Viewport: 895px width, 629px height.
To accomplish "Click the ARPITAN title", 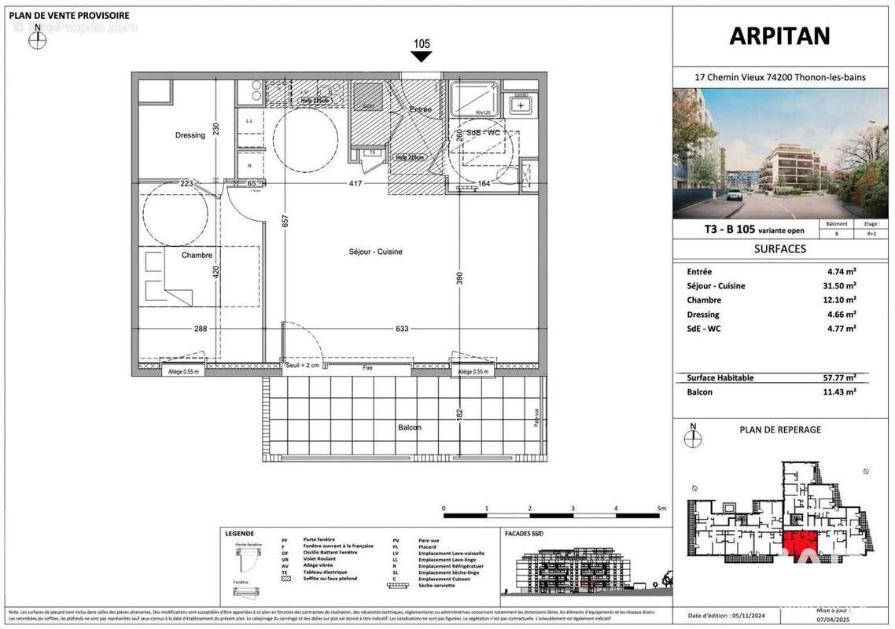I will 779,36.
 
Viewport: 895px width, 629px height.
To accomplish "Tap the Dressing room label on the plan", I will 190,135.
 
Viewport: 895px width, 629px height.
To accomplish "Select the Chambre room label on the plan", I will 197,256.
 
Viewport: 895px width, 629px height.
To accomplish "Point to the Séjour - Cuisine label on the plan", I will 376,252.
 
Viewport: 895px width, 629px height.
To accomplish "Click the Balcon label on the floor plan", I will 409,428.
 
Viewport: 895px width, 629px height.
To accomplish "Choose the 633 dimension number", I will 402,329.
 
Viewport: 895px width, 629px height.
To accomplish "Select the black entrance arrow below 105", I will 422,57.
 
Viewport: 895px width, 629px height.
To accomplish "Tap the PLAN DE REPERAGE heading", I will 780,429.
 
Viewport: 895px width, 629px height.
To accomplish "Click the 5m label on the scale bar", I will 661,509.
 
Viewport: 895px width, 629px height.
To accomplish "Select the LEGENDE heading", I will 239,533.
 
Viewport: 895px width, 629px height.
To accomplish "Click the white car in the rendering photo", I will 734,194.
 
